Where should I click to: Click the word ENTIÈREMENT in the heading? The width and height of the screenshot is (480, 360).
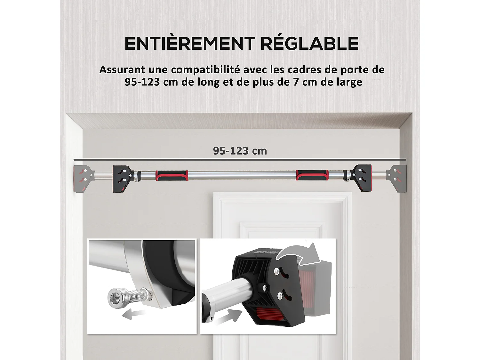pyautogui.click(x=189, y=44)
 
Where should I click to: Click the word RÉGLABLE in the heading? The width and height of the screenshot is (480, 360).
pyautogui.click(x=309, y=44)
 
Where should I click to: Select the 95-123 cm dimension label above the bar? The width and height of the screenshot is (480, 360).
pyautogui.click(x=240, y=151)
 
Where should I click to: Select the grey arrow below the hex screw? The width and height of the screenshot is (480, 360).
pyautogui.click(x=132, y=314)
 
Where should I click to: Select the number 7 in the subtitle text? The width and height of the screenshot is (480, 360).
pyautogui.click(x=296, y=82)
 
